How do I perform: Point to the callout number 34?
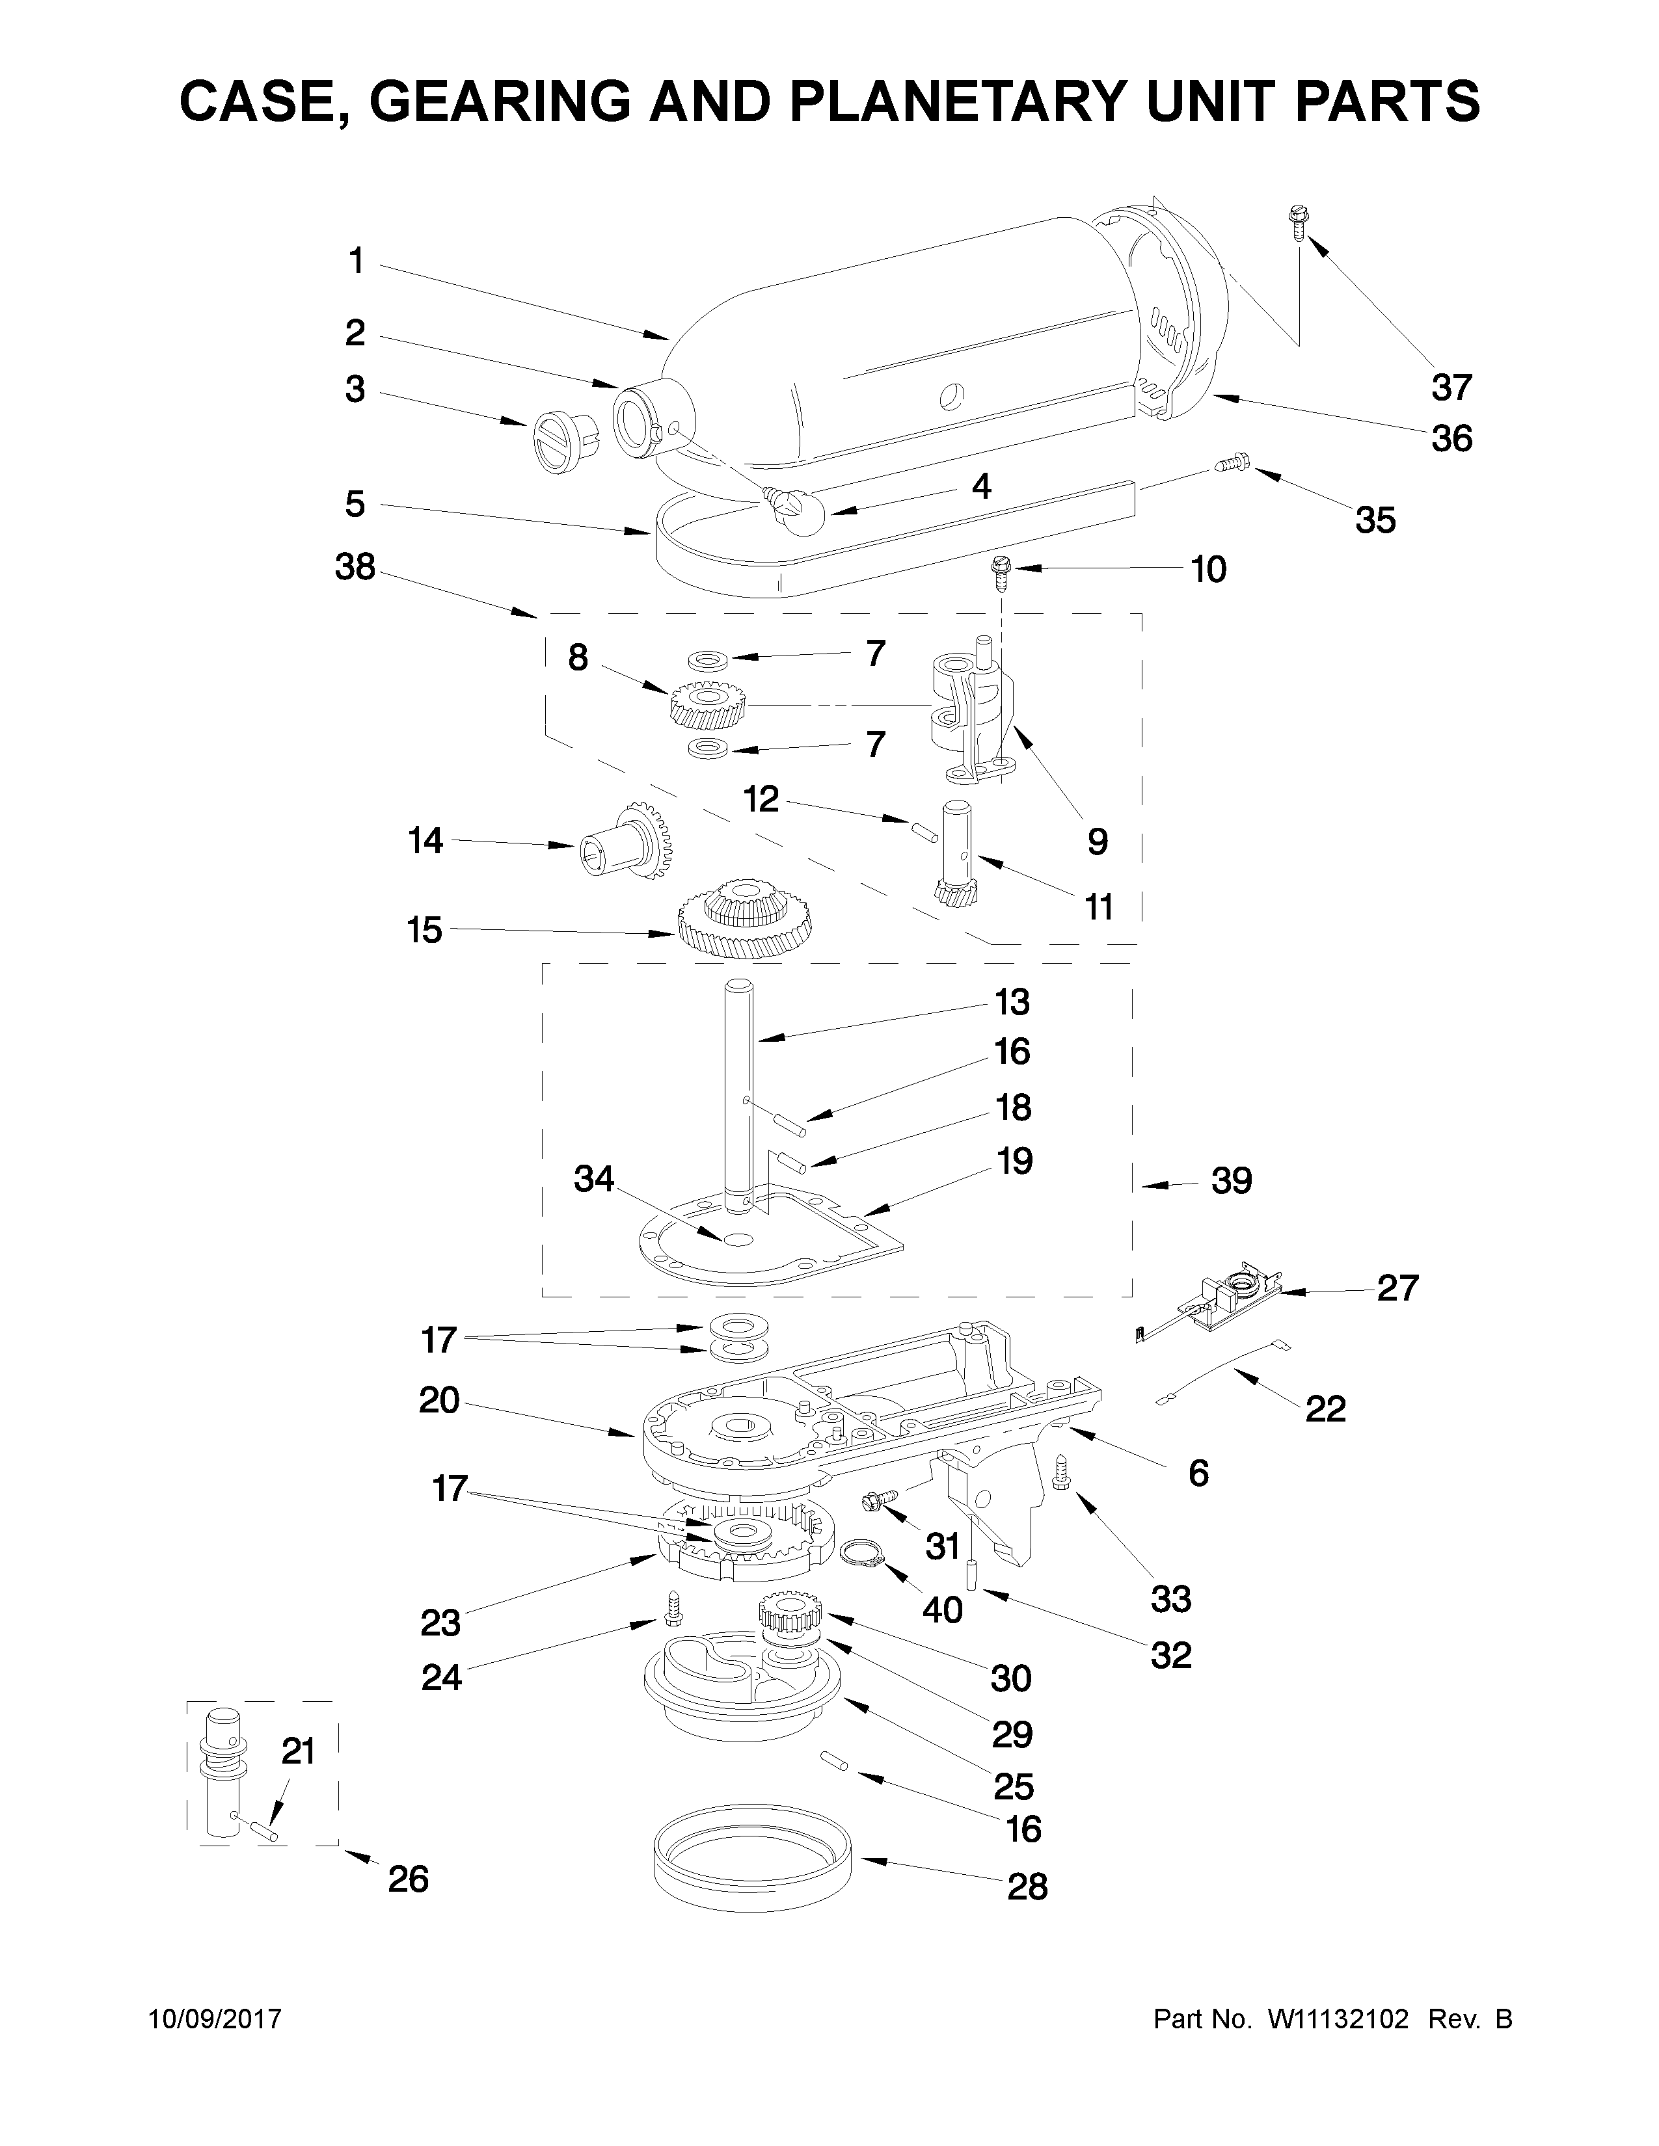[593, 1178]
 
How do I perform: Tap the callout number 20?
[438, 1400]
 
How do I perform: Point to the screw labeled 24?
[674, 1608]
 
